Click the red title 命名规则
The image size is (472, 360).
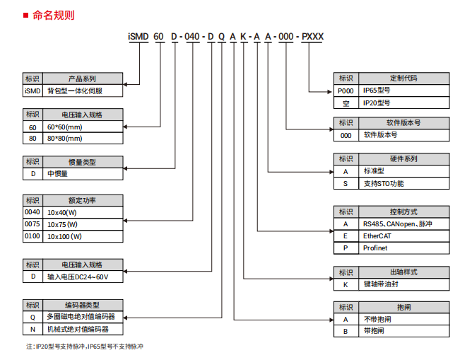[53, 15]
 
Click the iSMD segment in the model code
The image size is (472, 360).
[138, 37]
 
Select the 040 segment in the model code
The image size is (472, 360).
[192, 37]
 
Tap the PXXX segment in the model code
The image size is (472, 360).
[312, 37]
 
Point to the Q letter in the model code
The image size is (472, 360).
[222, 37]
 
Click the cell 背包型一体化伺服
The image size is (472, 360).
[83, 91]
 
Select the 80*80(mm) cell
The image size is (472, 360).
[83, 139]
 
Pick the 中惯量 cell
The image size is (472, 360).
[83, 174]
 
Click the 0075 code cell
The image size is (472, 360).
[33, 224]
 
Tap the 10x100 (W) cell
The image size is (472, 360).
[83, 236]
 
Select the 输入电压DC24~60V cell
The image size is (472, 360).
[83, 277]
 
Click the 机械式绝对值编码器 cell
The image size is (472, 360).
[83, 330]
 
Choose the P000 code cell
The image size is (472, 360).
[346, 91]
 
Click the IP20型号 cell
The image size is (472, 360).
[403, 103]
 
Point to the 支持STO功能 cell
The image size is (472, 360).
[403, 183]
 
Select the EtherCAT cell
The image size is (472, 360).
[403, 236]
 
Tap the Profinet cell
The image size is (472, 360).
[403, 248]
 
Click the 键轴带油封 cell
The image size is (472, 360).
[403, 284]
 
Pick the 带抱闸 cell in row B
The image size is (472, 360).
[403, 331]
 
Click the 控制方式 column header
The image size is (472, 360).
[403, 211]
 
